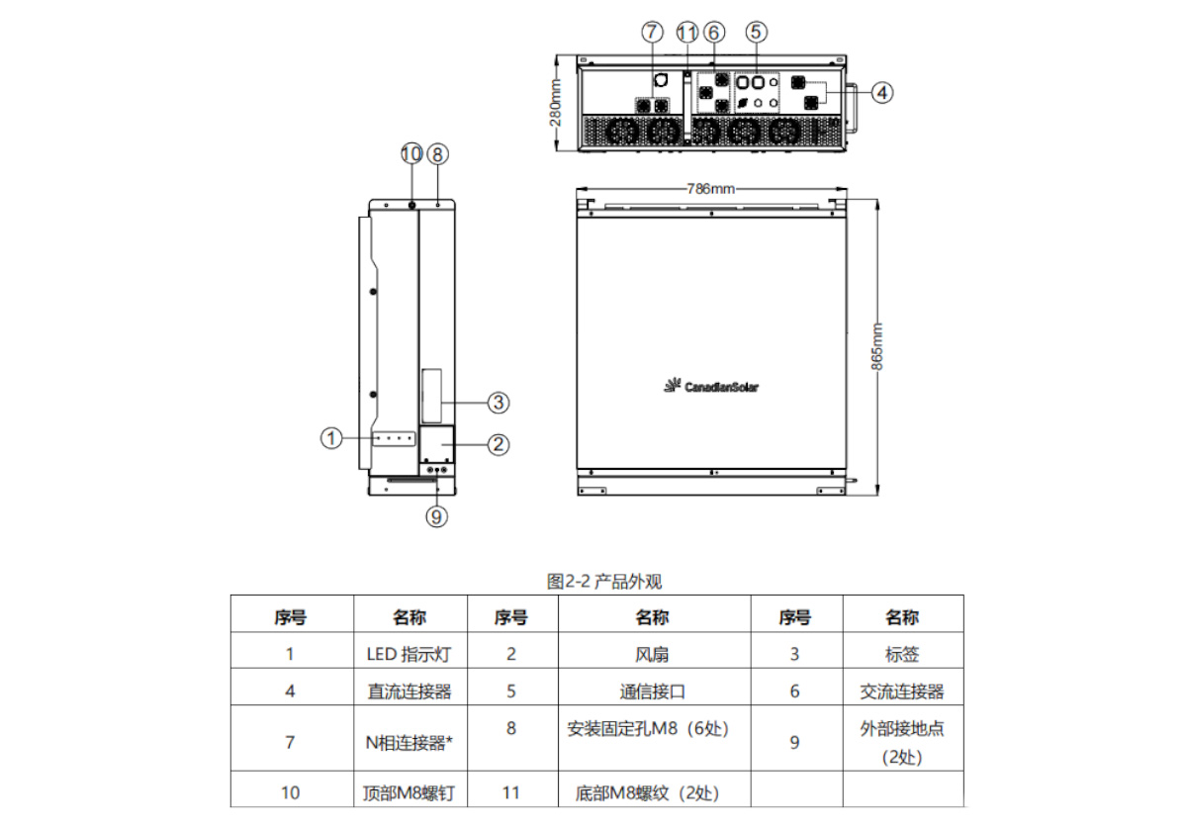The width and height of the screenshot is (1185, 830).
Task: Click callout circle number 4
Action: pos(883,92)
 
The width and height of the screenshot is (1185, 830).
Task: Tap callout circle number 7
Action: pos(651,32)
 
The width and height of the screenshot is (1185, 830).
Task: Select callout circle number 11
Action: pos(687,32)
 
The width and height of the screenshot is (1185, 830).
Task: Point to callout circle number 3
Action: pos(499,402)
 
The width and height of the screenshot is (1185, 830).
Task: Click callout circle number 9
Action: pos(436,514)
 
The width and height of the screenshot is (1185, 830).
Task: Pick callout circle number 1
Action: pos(331,435)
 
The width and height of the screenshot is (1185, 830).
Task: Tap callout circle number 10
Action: pos(411,153)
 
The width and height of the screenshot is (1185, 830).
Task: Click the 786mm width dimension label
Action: pos(710,188)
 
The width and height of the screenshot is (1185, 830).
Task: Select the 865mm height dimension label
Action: pos(876,345)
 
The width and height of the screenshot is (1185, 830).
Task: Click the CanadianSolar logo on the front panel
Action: pos(711,386)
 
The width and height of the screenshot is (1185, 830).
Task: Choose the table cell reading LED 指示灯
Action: pos(410,654)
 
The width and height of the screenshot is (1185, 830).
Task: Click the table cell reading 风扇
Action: pos(651,654)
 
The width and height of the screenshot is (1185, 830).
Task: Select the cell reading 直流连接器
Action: pos(410,692)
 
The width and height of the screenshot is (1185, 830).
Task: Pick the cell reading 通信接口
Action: pos(651,692)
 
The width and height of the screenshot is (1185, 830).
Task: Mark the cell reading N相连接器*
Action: pos(410,742)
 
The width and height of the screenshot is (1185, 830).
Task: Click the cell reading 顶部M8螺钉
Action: pos(410,792)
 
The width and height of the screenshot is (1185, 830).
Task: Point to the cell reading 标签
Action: pos(902,654)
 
